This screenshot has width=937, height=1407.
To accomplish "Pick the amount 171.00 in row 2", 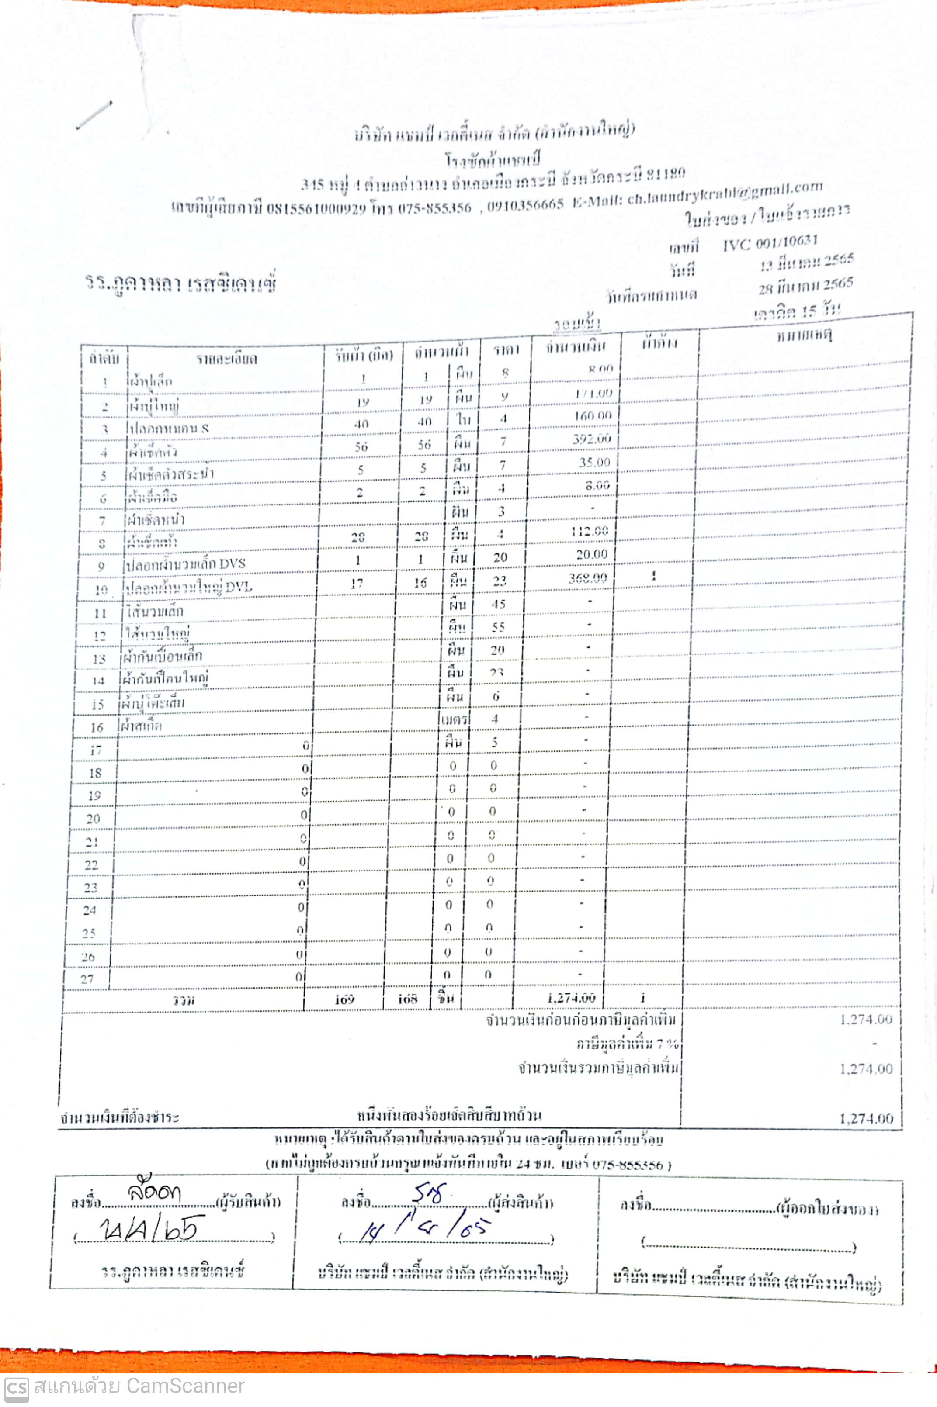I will click(x=593, y=394).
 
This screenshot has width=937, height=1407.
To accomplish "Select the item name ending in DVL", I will click(x=189, y=588).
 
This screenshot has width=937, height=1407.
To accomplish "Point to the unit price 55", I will click(x=498, y=627).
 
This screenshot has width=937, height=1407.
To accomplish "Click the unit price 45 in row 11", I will click(x=498, y=605).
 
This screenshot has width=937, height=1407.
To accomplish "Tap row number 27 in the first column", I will click(x=87, y=979).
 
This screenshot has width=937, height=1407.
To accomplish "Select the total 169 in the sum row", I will click(x=344, y=999).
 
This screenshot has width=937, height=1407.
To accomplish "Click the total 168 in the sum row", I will click(x=408, y=999).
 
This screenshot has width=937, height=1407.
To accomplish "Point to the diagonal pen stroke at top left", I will click(x=94, y=114).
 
